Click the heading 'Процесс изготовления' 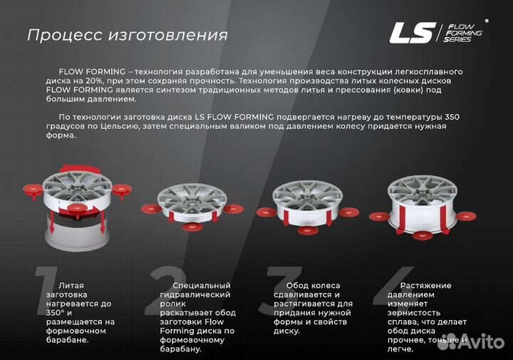(x=128, y=35)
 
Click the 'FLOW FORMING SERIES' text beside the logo (x=462, y=33)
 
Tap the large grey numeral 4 (x=400, y=293)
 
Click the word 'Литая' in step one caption (x=73, y=285)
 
